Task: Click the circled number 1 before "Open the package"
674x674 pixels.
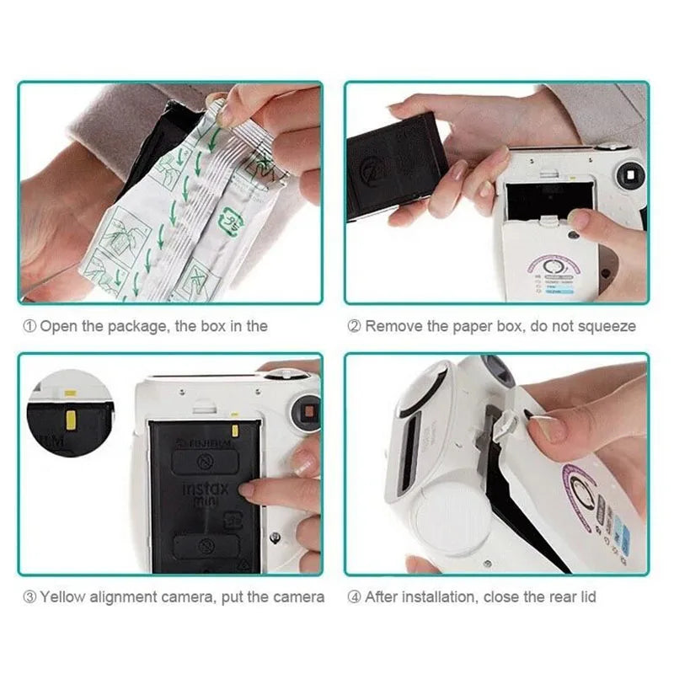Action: point(29,326)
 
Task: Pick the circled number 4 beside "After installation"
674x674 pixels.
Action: point(355,596)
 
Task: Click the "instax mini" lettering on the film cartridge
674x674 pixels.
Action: point(206,494)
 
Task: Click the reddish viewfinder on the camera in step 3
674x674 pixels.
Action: point(308,412)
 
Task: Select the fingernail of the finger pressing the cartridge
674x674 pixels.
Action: point(246,489)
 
